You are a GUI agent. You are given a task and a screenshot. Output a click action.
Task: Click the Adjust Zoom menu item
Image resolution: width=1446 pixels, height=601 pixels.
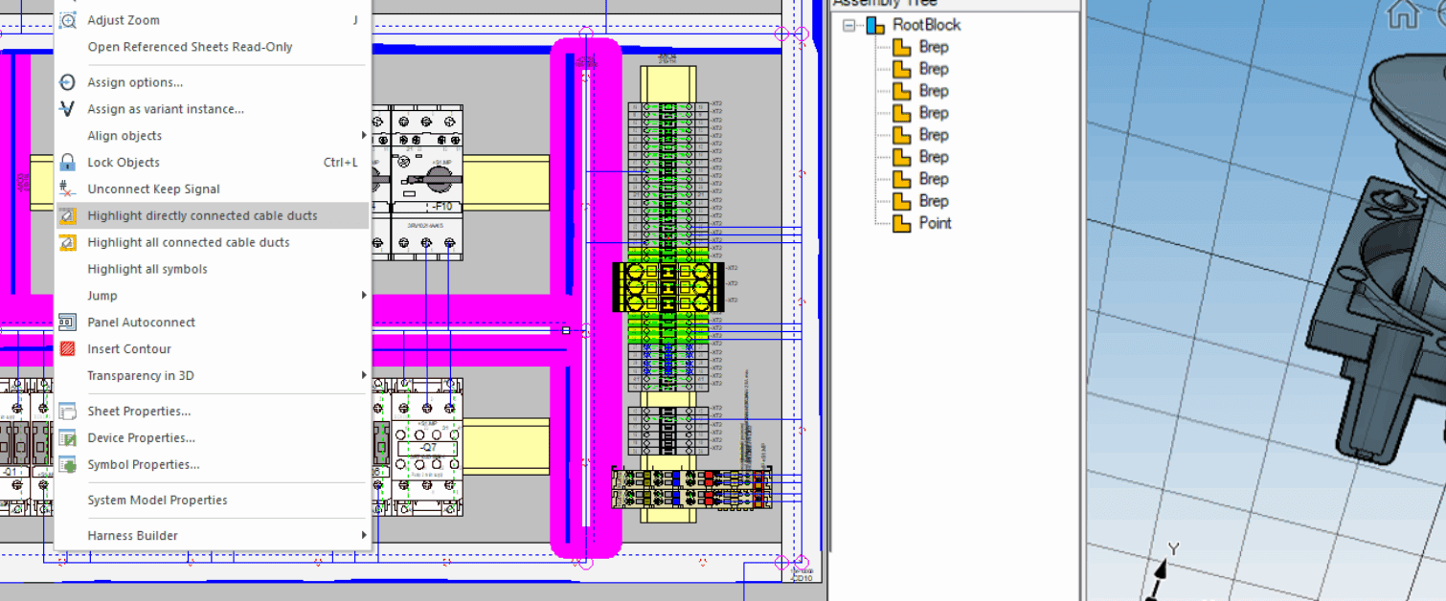point(124,20)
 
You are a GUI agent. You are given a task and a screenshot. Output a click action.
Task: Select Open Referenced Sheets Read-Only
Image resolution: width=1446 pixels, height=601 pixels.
point(190,47)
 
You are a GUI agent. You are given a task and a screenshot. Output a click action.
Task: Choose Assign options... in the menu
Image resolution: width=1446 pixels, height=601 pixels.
point(135,82)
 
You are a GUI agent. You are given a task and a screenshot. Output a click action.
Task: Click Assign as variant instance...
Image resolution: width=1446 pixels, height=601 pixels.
point(166,109)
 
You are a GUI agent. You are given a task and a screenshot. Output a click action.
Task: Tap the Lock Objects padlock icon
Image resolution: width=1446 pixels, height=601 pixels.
point(67,163)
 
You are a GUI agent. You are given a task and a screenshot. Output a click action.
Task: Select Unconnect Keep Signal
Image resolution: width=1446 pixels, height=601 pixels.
point(153,189)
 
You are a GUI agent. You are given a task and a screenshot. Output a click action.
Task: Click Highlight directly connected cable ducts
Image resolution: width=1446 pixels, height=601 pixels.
point(202,216)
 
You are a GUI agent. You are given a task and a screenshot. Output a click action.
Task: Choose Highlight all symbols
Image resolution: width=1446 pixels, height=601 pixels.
point(147,269)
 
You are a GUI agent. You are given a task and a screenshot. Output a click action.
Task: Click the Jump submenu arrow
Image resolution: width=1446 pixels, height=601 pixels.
point(364,296)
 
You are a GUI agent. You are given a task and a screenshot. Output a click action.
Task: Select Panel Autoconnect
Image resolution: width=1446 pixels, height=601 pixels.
point(141,323)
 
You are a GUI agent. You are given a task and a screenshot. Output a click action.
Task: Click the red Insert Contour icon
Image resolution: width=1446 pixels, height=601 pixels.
point(67,349)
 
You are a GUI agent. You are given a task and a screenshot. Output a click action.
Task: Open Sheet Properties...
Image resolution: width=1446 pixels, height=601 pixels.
point(139,412)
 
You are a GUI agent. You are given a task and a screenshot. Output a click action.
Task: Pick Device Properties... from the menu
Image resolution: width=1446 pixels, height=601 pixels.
point(141,438)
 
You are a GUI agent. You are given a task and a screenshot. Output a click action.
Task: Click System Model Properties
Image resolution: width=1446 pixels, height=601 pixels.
point(157,501)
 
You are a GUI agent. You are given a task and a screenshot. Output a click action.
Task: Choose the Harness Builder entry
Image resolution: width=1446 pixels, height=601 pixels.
point(132,536)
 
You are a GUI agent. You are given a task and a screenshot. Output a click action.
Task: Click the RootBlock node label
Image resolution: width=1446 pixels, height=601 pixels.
point(926,25)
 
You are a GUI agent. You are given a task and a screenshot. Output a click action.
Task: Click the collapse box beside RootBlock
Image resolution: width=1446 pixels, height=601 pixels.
point(848,26)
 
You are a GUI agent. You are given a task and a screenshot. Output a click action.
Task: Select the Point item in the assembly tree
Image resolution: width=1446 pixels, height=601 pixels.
point(935,223)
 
